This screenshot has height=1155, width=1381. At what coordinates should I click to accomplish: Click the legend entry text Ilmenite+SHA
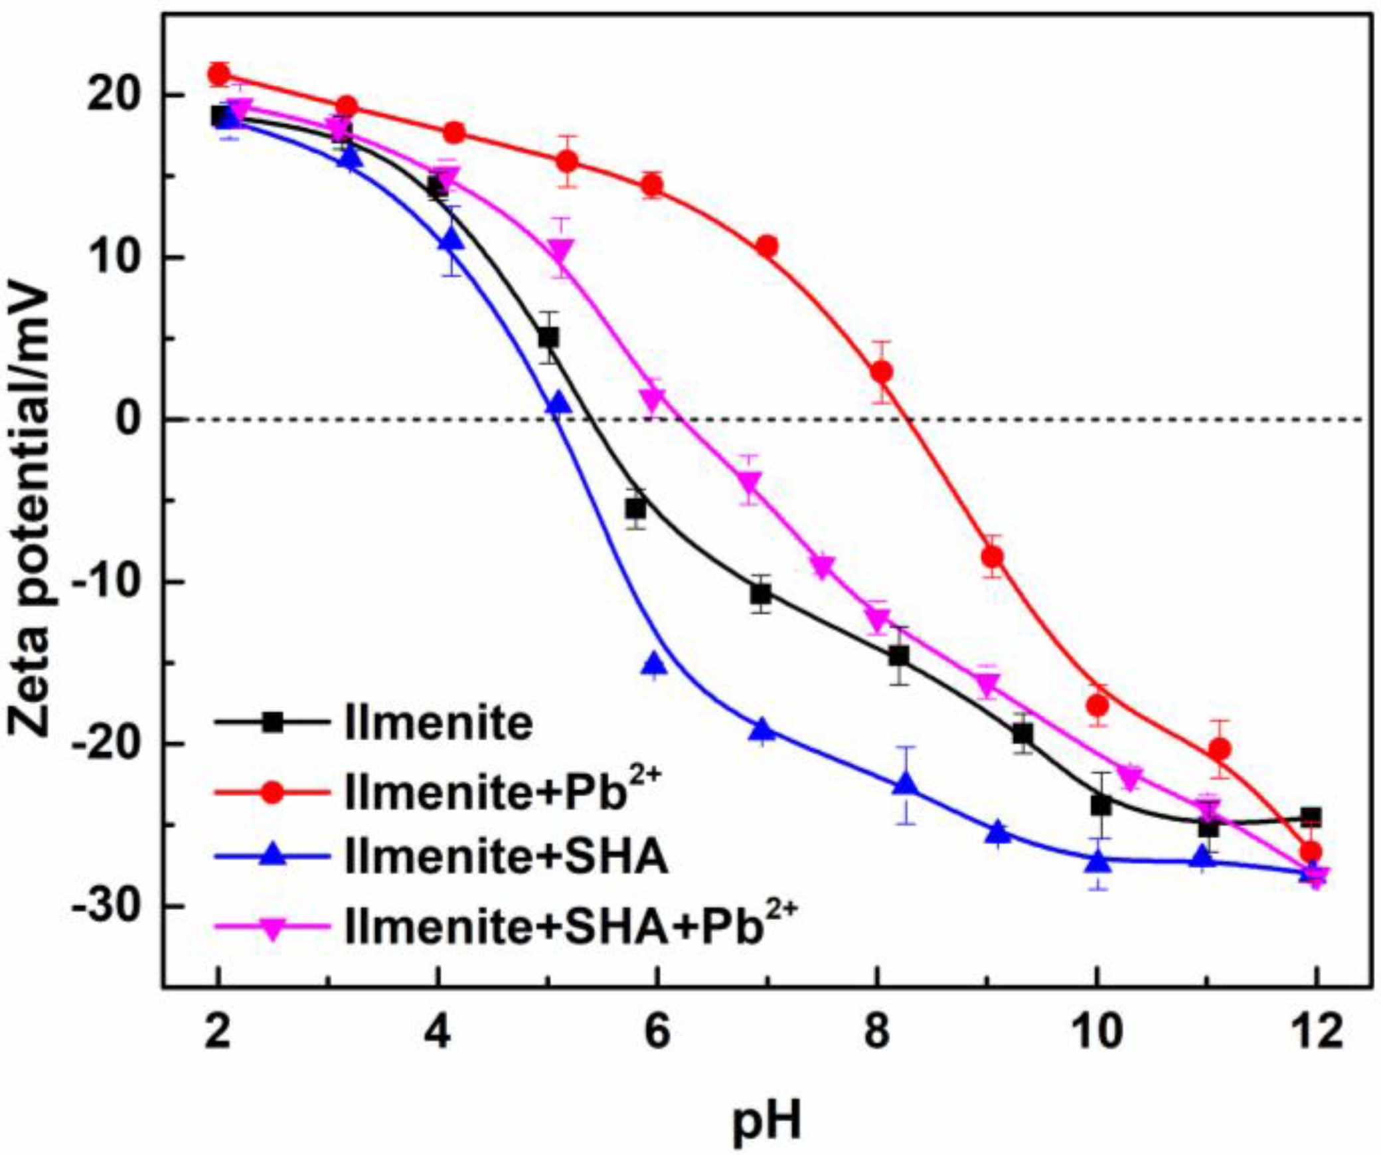(x=506, y=857)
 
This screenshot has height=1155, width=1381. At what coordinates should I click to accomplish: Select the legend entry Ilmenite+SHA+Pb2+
(x=570, y=925)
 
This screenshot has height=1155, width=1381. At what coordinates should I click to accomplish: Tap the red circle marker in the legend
(x=272, y=792)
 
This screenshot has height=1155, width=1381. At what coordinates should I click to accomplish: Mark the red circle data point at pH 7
(x=767, y=246)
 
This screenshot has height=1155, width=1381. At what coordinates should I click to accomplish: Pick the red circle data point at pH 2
(x=218, y=74)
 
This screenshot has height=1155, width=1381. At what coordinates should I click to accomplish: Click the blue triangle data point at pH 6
(x=655, y=663)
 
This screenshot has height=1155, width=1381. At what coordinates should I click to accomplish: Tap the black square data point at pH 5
(x=548, y=338)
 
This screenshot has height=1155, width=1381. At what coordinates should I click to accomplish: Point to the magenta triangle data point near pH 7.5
(x=823, y=566)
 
